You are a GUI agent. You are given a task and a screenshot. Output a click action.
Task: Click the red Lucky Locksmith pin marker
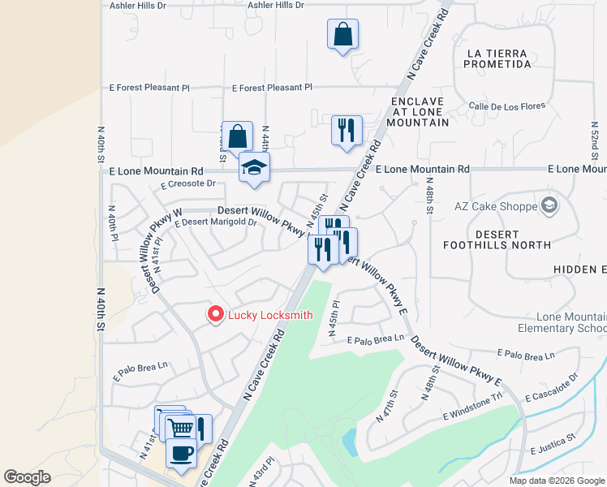pyautogui.click(x=215, y=315)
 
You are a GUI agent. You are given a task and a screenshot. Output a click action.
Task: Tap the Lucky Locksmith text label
pyautogui.click(x=269, y=316)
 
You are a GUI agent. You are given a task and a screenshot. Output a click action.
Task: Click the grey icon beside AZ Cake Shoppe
pyautogui.click(x=549, y=205)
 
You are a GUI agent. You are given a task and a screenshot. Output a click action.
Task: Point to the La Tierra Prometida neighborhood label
pyautogui.click(x=498, y=59)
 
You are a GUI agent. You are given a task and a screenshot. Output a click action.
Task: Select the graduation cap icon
pyautogui.click(x=254, y=168)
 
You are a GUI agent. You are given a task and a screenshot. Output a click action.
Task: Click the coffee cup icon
pyautogui.click(x=181, y=452)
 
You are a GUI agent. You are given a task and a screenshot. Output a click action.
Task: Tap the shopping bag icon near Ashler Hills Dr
pyautogui.click(x=342, y=34)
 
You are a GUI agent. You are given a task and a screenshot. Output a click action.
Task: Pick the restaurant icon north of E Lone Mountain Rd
pyautogui.click(x=347, y=130)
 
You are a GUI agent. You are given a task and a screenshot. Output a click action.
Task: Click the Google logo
pyautogui.click(x=28, y=477)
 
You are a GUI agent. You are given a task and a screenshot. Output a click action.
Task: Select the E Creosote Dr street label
pyautogui.click(x=187, y=184)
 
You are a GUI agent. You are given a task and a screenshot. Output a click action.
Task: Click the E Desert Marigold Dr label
pyautogui.click(x=214, y=222)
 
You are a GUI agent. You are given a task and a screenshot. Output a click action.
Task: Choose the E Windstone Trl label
pyautogui.click(x=473, y=416)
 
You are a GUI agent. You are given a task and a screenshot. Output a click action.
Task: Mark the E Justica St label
pyautogui.click(x=552, y=449)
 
